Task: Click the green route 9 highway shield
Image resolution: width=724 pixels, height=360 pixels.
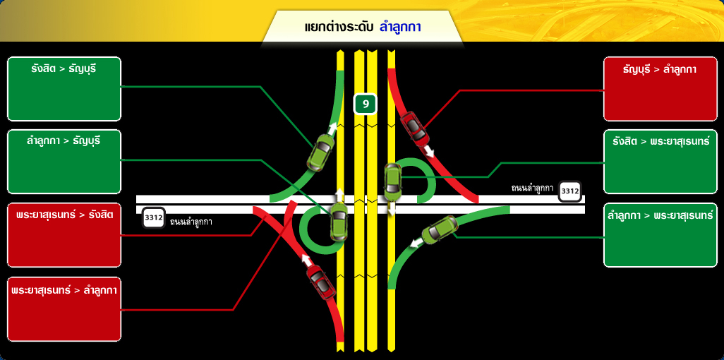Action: (366, 104)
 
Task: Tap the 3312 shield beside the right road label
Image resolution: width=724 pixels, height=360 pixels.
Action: (569, 191)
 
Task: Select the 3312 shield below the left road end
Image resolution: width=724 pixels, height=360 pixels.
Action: (154, 217)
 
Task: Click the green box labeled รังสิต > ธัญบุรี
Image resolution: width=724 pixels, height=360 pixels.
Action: (64, 89)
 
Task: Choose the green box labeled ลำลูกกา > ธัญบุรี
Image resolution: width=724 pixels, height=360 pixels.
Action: (64, 161)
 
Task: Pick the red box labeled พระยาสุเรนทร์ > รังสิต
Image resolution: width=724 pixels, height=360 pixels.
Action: (64, 235)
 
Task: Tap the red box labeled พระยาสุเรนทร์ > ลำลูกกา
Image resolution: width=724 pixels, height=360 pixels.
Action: (64, 309)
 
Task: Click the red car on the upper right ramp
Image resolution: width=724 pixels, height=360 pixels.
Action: (414, 126)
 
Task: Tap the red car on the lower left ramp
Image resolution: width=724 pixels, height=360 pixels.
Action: (321, 281)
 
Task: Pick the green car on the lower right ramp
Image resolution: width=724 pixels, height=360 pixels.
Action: (442, 229)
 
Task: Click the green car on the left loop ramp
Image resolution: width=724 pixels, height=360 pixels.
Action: (339, 222)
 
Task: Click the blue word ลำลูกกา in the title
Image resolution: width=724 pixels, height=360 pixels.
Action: (400, 27)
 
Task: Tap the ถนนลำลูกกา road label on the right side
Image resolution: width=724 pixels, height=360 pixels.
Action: (532, 188)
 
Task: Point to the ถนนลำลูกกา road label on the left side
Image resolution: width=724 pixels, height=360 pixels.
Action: (191, 222)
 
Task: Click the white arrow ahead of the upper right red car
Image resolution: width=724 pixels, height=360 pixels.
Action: (429, 151)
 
